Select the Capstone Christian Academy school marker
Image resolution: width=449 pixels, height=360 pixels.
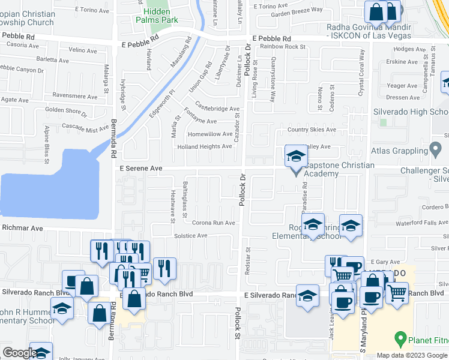(295, 158)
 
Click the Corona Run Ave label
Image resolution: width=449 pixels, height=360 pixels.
(213, 222)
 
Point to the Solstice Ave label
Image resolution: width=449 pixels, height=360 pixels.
(190, 236)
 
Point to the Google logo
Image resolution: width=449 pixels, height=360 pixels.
(19, 353)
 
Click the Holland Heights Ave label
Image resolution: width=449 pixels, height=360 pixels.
(204, 146)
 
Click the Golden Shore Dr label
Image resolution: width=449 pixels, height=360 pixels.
(66, 111)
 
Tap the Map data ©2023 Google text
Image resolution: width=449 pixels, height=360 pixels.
(412, 355)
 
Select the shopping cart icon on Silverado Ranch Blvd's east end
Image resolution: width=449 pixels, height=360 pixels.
(397, 293)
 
